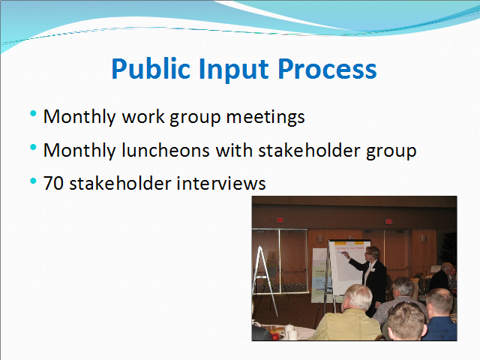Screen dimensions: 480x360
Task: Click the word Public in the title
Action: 151,69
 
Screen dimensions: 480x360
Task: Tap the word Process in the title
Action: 327,69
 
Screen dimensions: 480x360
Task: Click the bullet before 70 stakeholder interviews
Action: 33,181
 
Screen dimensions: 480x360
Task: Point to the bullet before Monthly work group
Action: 33,114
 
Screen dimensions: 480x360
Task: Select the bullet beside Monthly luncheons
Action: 33,148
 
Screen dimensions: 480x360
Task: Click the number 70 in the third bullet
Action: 53,183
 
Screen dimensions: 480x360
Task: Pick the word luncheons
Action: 166,150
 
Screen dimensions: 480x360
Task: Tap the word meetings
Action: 265,117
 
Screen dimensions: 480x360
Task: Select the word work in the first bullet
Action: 143,117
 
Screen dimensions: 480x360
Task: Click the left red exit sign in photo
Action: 280,220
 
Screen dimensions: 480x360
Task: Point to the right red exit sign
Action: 388,221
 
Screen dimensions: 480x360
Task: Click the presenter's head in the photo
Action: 372,253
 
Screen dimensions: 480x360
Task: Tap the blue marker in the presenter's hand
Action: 344,253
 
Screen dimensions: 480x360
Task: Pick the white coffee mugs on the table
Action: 292,332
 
